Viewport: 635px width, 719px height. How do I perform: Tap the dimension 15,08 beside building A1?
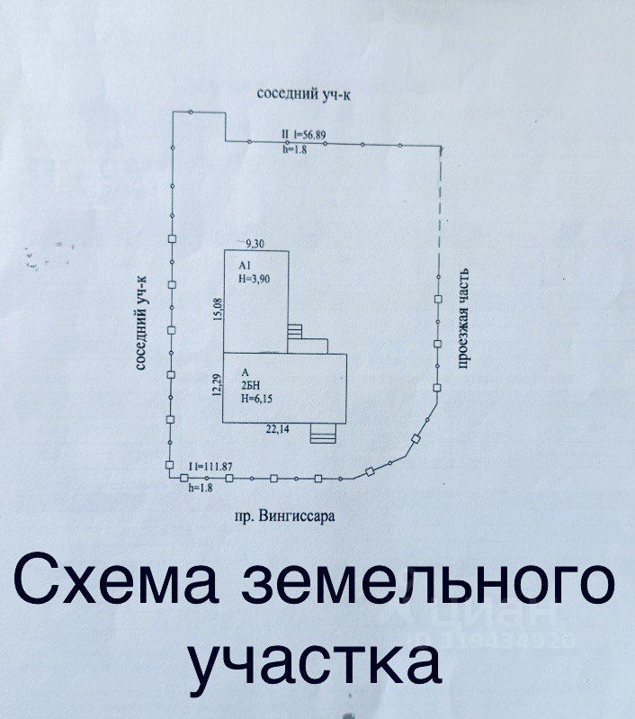pyautogui.click(x=216, y=309)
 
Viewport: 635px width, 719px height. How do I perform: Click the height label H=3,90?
pyautogui.click(x=255, y=279)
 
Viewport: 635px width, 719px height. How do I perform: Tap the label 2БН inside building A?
pyautogui.click(x=250, y=384)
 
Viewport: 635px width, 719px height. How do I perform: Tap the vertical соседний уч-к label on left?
pyautogui.click(x=141, y=324)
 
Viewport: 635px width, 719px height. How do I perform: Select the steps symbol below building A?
pyautogui.click(x=320, y=435)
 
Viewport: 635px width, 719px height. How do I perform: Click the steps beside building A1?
pyautogui.click(x=297, y=334)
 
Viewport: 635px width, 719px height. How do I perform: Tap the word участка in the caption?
pyautogui.click(x=317, y=661)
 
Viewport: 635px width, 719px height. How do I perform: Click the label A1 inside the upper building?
pyautogui.click(x=245, y=266)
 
